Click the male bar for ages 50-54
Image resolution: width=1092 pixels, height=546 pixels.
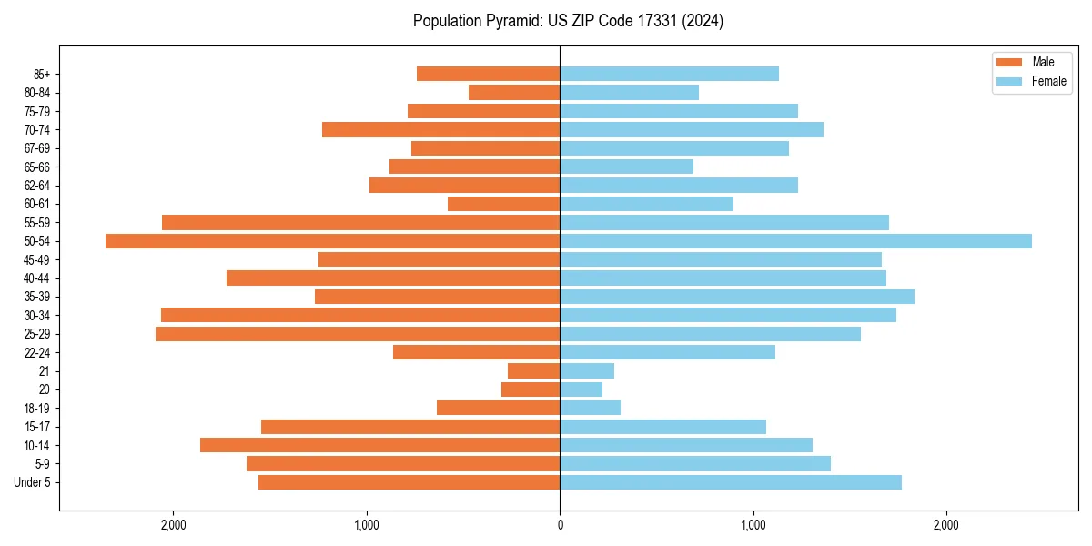(x=332, y=241)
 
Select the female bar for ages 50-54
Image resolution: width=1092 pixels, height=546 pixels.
(x=795, y=241)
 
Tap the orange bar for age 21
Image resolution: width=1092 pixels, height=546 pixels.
(x=533, y=371)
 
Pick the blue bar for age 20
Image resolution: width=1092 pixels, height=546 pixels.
(x=581, y=389)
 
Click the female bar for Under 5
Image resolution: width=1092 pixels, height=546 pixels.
(x=730, y=482)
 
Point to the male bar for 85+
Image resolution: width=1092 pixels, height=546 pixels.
(x=488, y=74)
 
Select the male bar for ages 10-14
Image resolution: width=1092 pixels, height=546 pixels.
(x=379, y=445)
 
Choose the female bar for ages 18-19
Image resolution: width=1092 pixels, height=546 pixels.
(x=590, y=408)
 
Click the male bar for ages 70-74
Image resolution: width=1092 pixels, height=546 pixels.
(x=440, y=130)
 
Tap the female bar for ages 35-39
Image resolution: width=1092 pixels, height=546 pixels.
(x=736, y=297)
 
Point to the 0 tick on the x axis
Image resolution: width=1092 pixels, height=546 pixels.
(x=560, y=525)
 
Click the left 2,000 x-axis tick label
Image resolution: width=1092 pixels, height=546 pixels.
(x=173, y=525)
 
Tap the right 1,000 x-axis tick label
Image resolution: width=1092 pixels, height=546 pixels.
(x=753, y=525)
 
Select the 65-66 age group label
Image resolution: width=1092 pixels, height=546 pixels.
(x=37, y=167)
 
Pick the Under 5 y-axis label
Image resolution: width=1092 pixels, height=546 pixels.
(x=33, y=482)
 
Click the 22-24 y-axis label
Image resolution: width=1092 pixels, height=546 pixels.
(x=37, y=353)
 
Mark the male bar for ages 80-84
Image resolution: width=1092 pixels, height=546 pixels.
(x=513, y=93)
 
